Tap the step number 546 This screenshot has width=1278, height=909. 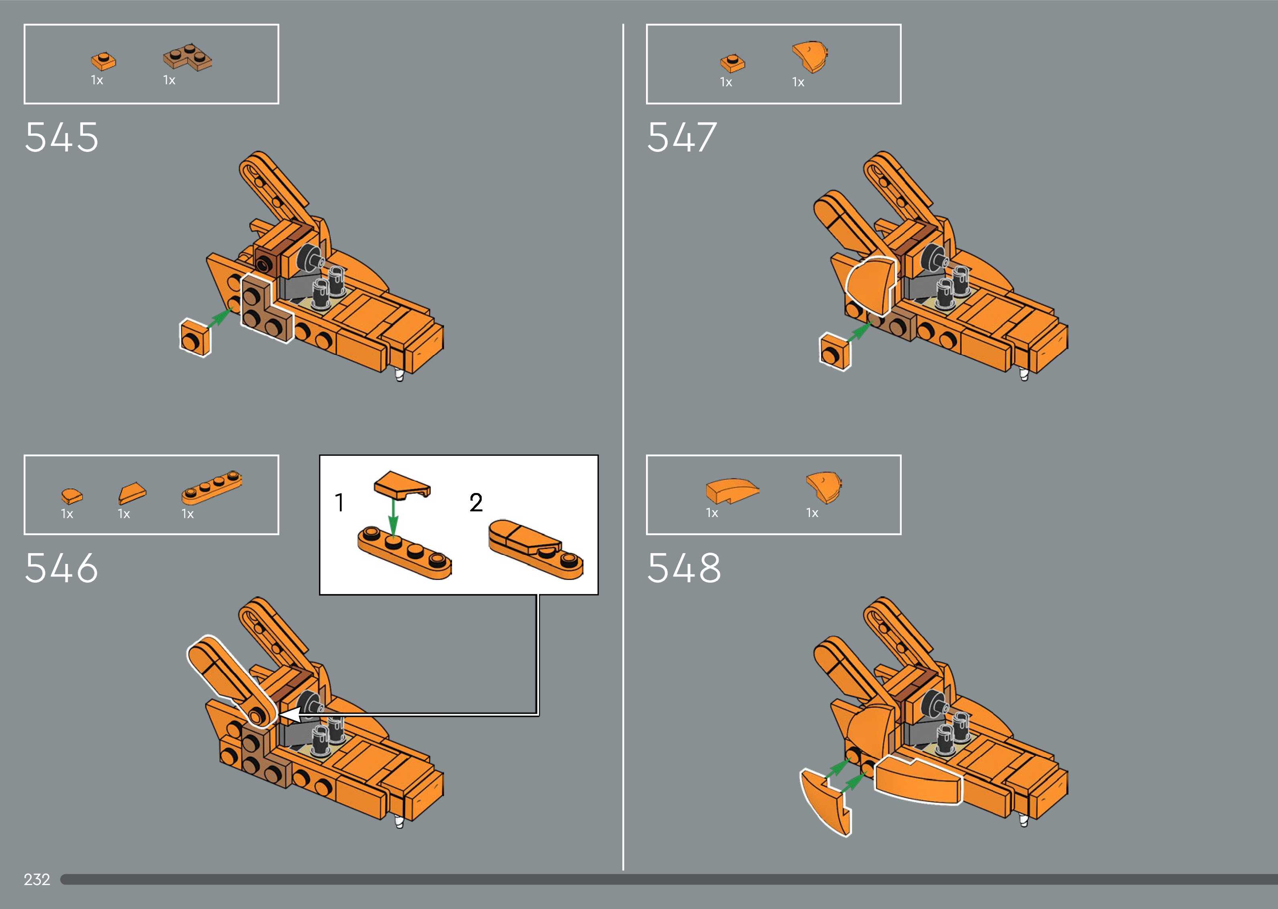point(62,568)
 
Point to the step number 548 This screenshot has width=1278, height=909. point(684,568)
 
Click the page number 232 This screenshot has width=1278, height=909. point(37,879)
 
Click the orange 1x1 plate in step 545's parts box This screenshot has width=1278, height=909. point(103,61)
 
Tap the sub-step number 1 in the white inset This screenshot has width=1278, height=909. point(339,502)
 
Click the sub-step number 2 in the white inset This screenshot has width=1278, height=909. point(476,502)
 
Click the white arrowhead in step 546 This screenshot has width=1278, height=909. point(289,715)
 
